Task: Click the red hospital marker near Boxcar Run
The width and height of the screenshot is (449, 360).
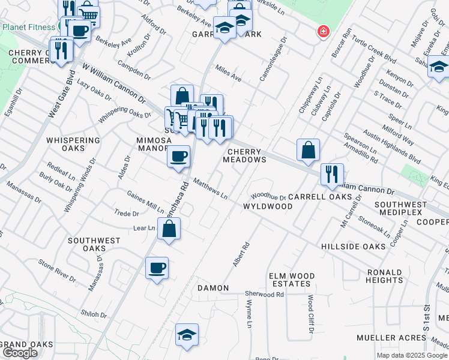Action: point(324,31)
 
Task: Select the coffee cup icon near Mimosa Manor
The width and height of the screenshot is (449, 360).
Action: point(178,157)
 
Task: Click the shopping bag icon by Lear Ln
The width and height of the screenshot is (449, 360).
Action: point(169,229)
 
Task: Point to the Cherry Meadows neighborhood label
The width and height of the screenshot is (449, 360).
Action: point(244,155)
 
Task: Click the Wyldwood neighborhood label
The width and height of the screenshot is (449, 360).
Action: point(267,206)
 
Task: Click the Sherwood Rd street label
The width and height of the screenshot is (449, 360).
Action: point(264,295)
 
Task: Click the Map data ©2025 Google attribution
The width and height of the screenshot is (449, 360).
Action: point(412,355)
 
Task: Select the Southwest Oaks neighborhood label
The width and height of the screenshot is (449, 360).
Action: point(94,244)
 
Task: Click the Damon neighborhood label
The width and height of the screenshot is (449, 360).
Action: point(213,288)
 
